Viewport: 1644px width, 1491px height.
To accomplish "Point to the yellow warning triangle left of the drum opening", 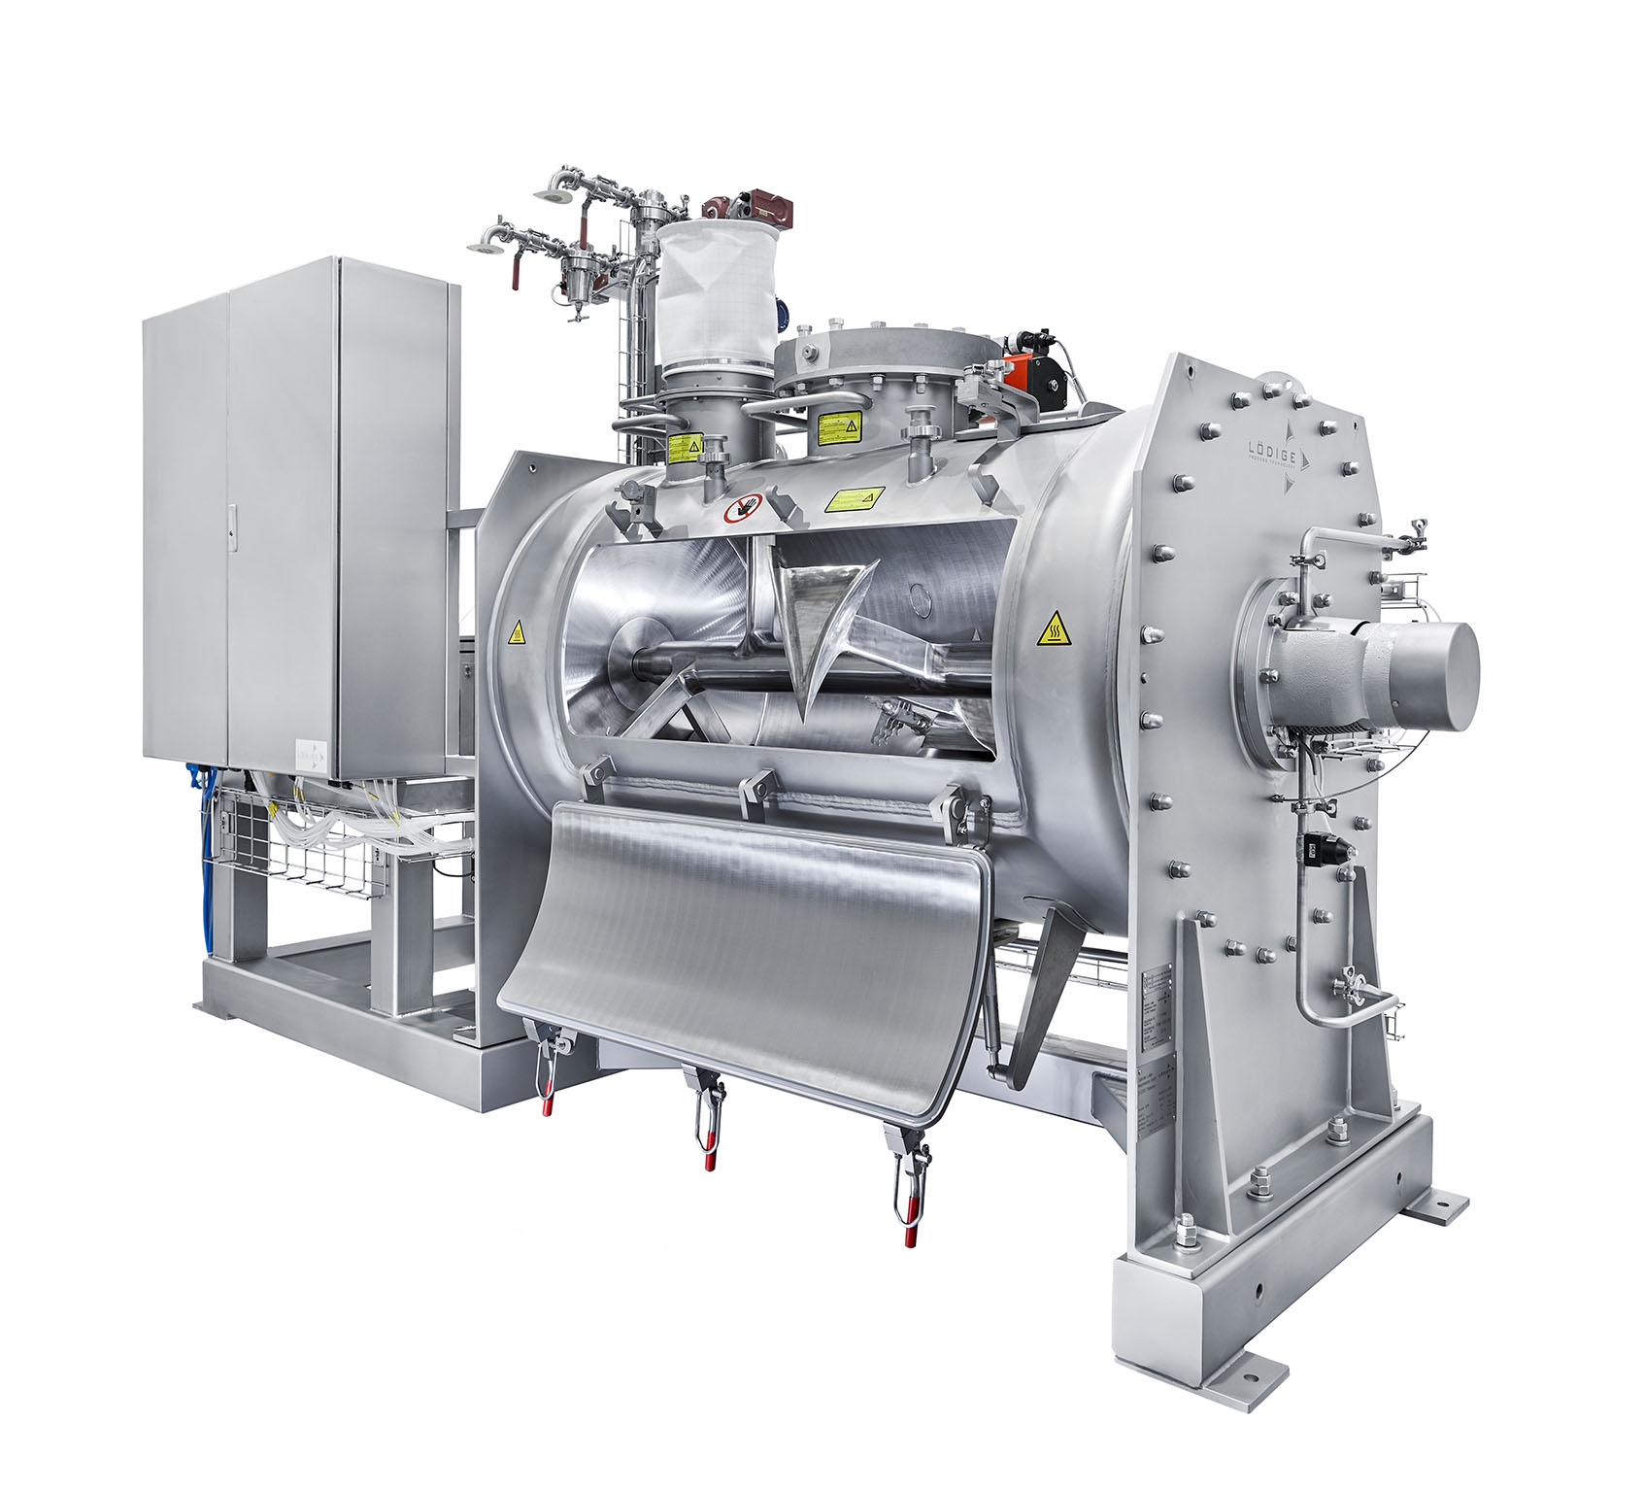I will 518,633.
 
